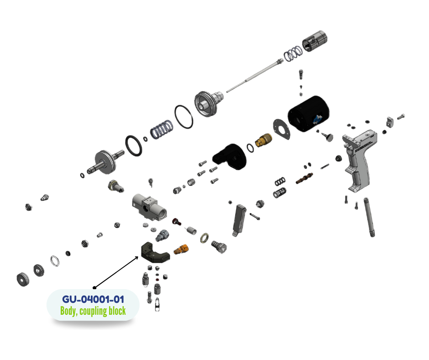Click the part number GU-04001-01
(93, 299)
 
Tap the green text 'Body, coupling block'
(93, 311)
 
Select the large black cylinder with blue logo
(309, 114)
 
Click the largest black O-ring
(184, 116)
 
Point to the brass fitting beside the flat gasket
(263, 140)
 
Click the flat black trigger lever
(239, 220)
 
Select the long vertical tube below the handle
(369, 217)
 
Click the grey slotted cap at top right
(314, 41)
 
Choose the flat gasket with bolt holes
(282, 130)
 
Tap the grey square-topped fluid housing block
(149, 207)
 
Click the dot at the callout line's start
(94, 288)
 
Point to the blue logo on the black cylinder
(318, 120)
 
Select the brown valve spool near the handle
(304, 178)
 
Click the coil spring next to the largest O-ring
(162, 129)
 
